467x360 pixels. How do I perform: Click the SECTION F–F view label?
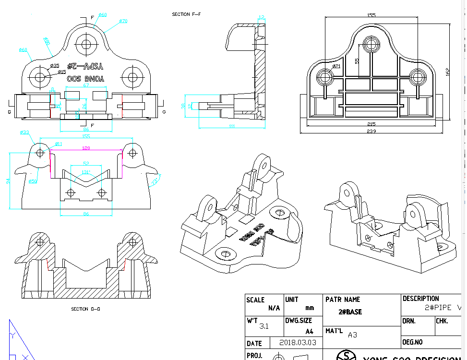[186, 14]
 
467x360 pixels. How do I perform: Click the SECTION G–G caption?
[85, 309]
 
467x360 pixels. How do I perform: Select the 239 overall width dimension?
[371, 131]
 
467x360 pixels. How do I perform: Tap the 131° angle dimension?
[86, 172]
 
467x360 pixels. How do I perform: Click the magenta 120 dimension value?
[86, 148]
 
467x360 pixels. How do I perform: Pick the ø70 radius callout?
[123, 21]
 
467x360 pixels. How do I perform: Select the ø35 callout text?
[55, 66]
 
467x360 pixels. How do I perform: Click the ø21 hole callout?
[336, 66]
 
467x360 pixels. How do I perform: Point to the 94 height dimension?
[8, 180]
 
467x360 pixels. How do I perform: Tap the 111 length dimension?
[232, 126]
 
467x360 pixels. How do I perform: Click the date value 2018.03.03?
[298, 343]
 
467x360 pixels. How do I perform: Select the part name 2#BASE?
[350, 312]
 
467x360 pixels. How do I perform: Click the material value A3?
[353, 335]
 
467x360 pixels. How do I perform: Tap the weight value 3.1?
[264, 326]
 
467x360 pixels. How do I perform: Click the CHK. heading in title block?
[442, 321]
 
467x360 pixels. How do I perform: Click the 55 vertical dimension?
[357, 61]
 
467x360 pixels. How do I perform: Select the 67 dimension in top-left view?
[86, 85]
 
